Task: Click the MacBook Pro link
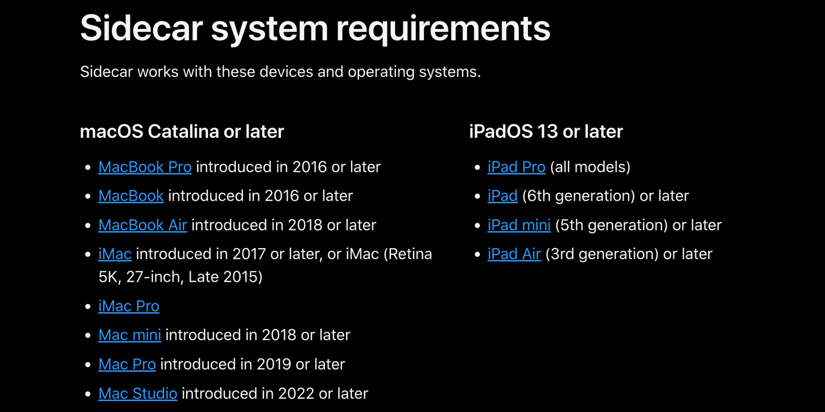pyautogui.click(x=144, y=167)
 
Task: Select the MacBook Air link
pyautogui.click(x=142, y=225)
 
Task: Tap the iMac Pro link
pyautogui.click(x=128, y=306)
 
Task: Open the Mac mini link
pyautogui.click(x=129, y=335)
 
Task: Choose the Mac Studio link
pyautogui.click(x=137, y=394)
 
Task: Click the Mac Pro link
pyautogui.click(x=127, y=365)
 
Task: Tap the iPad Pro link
pyautogui.click(x=516, y=167)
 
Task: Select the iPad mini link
pyautogui.click(x=518, y=225)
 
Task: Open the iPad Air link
pyautogui.click(x=514, y=254)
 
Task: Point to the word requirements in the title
pyautogui.click(x=443, y=29)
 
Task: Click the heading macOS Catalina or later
pyautogui.click(x=181, y=132)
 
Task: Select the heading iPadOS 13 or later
pyautogui.click(x=545, y=132)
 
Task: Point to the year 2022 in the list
pyautogui.click(x=296, y=394)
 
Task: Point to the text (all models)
pyautogui.click(x=590, y=167)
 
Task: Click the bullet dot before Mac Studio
pyautogui.click(x=88, y=394)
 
